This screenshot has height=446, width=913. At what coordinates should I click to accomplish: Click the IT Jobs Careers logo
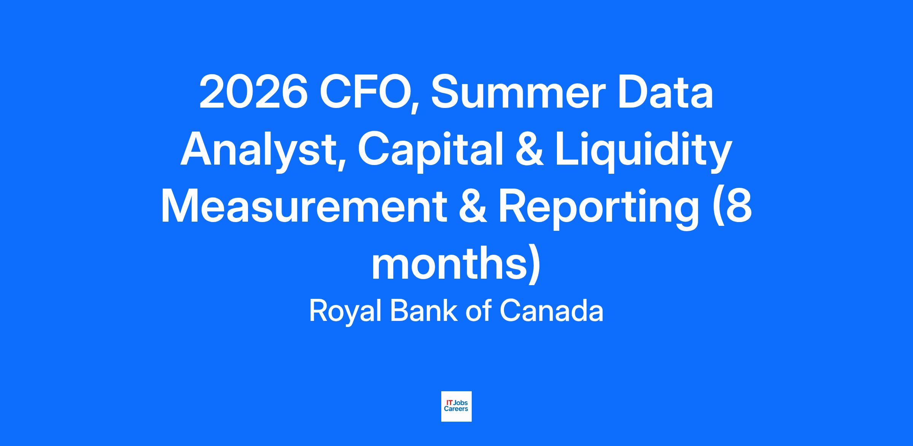[x=456, y=406]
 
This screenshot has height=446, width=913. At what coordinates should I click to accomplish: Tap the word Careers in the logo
[x=456, y=409]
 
